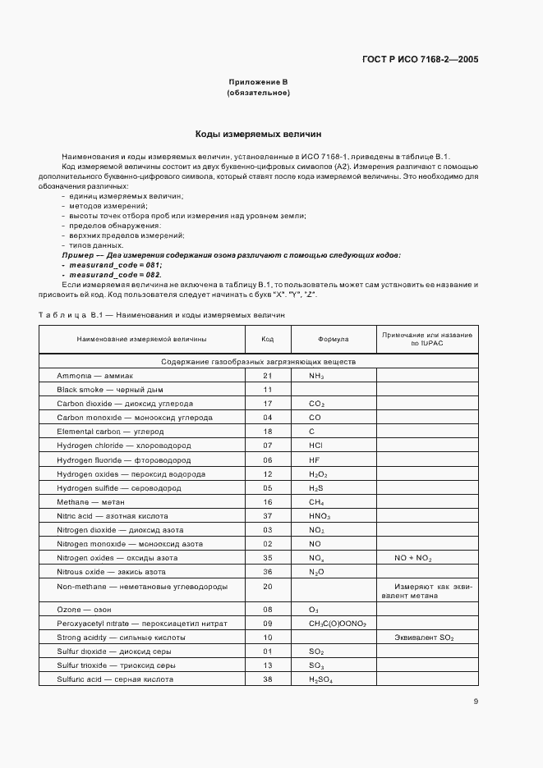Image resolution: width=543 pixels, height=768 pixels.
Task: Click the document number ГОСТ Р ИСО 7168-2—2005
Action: [420, 60]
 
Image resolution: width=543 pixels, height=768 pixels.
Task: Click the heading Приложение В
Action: [257, 82]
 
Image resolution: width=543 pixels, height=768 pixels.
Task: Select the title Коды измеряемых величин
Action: [257, 133]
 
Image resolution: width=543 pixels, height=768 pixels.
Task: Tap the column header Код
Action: [267, 339]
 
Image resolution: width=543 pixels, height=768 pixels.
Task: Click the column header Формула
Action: [333, 339]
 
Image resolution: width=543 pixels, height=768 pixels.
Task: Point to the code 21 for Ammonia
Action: [267, 375]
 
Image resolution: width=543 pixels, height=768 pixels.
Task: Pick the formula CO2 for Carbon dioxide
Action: [317, 405]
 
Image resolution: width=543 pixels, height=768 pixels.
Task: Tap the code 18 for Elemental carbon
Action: [267, 431]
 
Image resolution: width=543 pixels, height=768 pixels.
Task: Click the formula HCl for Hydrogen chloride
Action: [315, 445]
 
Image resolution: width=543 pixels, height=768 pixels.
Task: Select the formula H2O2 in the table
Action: [318, 474]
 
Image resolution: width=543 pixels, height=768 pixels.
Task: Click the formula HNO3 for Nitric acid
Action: [320, 516]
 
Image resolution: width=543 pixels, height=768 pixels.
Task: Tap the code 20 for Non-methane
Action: [267, 586]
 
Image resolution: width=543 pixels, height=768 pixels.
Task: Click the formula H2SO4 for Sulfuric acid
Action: [321, 679]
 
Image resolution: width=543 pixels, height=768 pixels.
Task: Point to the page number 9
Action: [476, 702]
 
